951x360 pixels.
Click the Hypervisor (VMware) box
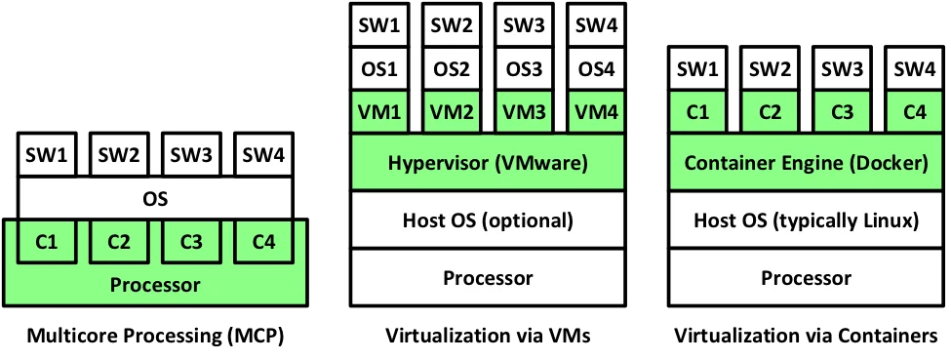(x=488, y=163)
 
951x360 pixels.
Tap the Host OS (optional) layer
(x=488, y=220)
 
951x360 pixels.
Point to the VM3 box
(x=524, y=111)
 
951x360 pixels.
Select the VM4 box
(x=597, y=111)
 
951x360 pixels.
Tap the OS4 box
(x=597, y=68)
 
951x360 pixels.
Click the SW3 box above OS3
(x=524, y=24)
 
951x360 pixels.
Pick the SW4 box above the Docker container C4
(x=914, y=68)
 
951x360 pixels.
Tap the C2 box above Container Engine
(x=770, y=111)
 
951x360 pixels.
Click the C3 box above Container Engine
(x=842, y=111)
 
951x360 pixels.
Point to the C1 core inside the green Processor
(x=46, y=242)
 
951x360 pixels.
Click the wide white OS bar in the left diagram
(x=155, y=199)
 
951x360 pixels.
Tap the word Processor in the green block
(x=155, y=285)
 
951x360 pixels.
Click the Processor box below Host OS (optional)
(x=488, y=278)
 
